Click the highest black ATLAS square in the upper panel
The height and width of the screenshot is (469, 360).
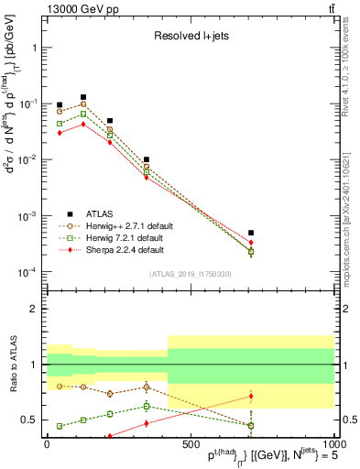click(83, 96)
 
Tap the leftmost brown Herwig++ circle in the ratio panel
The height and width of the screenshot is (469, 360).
click(60, 386)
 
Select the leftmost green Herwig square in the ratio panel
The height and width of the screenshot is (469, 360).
click(60, 426)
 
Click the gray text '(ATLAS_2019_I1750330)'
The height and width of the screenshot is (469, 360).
click(191, 274)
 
